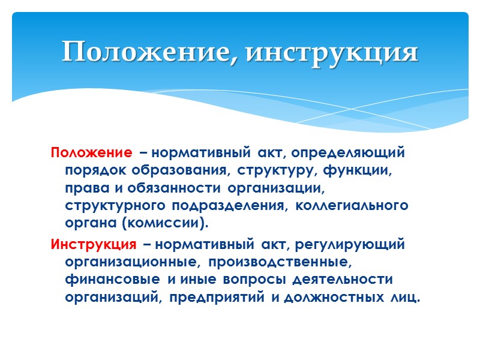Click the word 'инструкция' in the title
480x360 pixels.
(332, 52)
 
